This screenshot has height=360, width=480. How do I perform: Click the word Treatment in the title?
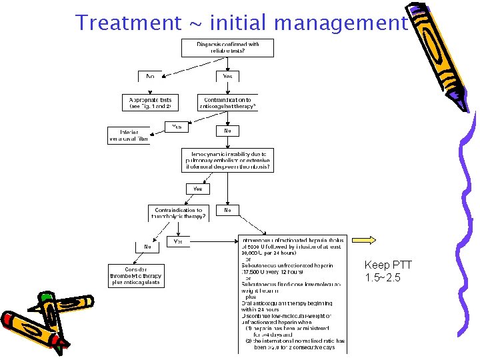click(128, 23)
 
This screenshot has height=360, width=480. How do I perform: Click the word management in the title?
click(340, 23)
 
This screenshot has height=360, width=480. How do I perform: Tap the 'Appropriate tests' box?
click(151, 103)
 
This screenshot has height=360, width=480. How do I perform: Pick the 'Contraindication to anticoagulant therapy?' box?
click(227, 103)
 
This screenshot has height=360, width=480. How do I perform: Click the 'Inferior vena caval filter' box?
click(129, 135)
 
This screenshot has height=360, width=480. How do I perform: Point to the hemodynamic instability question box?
click(227, 160)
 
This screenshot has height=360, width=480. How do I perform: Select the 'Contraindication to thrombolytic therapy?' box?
click(177, 213)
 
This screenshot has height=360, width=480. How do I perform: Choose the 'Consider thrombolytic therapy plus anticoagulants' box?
click(135, 275)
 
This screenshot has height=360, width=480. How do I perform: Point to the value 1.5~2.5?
click(383, 277)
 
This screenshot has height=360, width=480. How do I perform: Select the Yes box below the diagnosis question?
click(227, 77)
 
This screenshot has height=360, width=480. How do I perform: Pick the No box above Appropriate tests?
click(151, 77)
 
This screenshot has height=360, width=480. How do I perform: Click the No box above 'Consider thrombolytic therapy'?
click(147, 247)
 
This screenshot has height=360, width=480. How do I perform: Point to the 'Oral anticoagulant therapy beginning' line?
click(287, 303)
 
